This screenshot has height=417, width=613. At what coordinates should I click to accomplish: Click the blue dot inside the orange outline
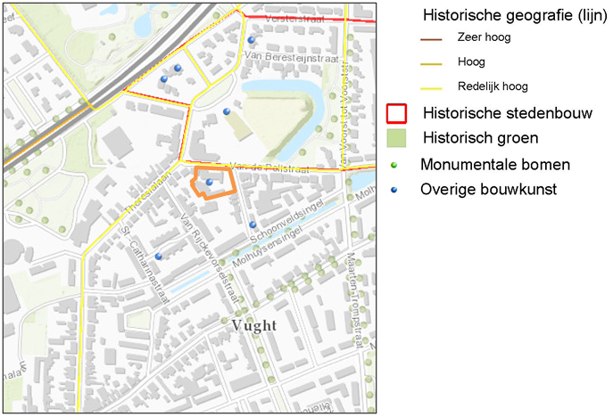[210, 182]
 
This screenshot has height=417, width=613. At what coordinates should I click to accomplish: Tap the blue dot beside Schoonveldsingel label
[253, 225]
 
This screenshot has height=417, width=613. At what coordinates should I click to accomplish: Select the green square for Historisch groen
[396, 138]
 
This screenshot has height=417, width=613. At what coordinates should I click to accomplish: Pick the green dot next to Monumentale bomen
[396, 165]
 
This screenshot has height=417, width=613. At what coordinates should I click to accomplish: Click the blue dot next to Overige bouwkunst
[396, 190]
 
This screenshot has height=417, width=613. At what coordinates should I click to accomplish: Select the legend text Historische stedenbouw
[501, 114]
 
